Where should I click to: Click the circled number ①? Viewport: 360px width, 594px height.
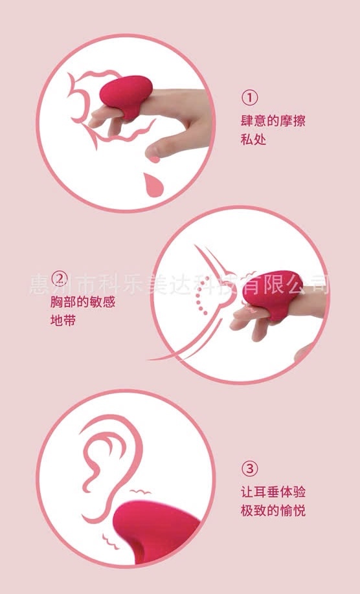point(249,98)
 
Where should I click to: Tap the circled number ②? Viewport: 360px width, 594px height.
point(59,280)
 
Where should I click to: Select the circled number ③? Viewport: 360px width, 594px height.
point(249,469)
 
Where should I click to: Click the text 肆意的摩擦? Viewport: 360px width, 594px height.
point(273,121)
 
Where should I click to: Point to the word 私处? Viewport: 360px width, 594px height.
point(253,139)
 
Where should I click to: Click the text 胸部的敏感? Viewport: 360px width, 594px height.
point(83,302)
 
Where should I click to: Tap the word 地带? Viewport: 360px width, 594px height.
point(63,320)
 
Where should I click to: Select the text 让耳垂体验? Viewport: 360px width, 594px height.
point(273,492)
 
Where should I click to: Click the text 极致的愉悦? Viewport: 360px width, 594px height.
point(273,511)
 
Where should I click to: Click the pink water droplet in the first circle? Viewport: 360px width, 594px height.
point(153,185)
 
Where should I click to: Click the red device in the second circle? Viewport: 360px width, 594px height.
point(274,292)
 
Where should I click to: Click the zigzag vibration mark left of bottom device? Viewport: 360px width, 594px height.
point(110,542)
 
